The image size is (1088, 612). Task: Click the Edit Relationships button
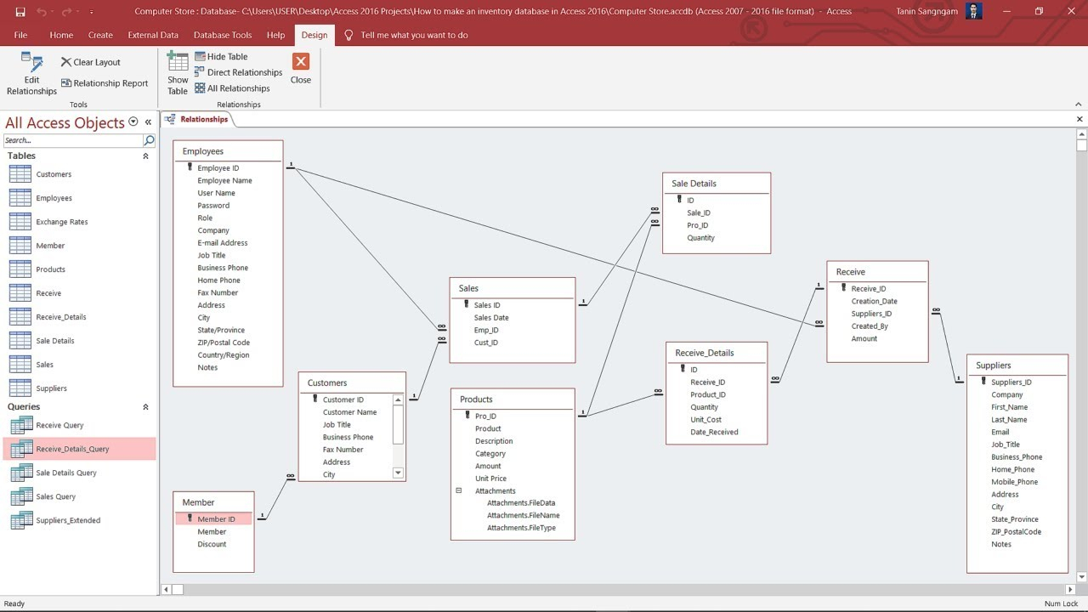click(x=31, y=74)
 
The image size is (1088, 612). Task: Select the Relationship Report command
click(x=105, y=83)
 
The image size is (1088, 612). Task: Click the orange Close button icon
click(x=301, y=62)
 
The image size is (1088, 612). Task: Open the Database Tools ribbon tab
click(x=223, y=35)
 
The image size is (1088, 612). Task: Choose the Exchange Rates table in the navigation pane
click(x=62, y=222)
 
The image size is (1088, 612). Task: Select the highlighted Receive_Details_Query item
click(x=72, y=449)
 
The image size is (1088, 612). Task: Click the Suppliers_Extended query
click(x=68, y=520)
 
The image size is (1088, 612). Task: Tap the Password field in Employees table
click(x=213, y=206)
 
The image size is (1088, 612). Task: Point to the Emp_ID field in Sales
click(x=486, y=331)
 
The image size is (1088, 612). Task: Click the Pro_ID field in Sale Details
click(x=698, y=225)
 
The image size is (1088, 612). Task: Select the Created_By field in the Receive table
click(x=870, y=326)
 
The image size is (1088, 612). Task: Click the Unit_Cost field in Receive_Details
click(x=705, y=420)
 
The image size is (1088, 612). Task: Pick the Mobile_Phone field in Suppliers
click(x=1014, y=482)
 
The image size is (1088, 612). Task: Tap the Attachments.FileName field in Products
click(x=523, y=515)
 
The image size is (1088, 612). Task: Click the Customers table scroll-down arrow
click(x=398, y=473)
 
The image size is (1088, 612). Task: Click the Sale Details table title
click(x=694, y=184)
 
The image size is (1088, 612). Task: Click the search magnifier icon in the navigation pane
click(x=149, y=140)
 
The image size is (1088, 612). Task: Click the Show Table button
click(x=178, y=74)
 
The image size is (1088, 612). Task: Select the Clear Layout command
click(x=91, y=62)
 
